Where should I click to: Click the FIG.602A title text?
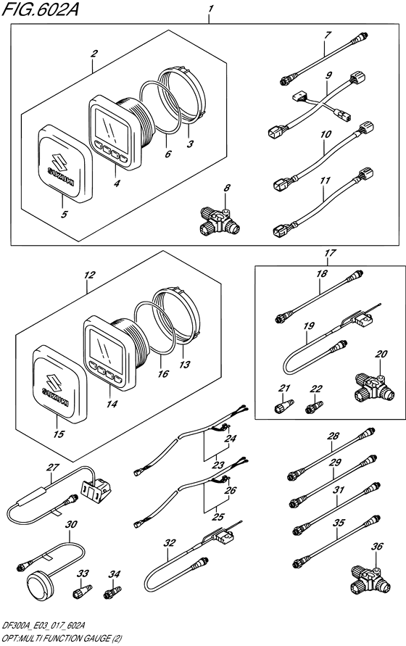pyautogui.click(x=40, y=9)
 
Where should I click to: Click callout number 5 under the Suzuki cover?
pyautogui.click(x=64, y=214)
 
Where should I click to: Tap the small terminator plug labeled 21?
pyautogui.click(x=284, y=405)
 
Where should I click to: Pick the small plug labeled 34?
pyautogui.click(x=112, y=593)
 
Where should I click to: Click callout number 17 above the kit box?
pyautogui.click(x=330, y=253)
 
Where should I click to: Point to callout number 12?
pyautogui.click(x=89, y=275)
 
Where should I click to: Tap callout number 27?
pyautogui.click(x=53, y=467)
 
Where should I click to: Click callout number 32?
pyautogui.click(x=170, y=542)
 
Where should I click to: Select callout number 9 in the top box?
pyautogui.click(x=328, y=75)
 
